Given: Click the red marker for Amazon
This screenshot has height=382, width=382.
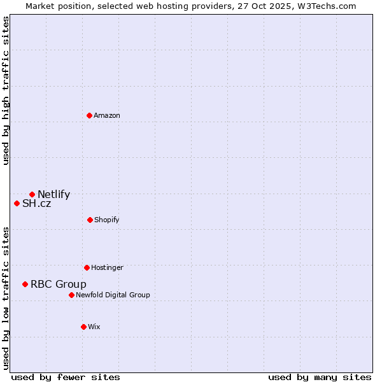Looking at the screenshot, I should [x=89, y=115].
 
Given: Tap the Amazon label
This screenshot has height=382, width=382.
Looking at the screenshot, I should [x=107, y=116].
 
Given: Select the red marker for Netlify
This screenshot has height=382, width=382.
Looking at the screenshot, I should [x=32, y=194].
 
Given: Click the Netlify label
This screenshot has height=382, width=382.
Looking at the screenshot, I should [x=53, y=195].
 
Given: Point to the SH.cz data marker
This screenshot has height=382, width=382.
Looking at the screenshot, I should [x=17, y=203].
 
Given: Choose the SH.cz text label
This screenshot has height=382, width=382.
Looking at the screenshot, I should [x=36, y=204].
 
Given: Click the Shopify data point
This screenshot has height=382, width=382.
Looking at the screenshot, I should [x=90, y=220].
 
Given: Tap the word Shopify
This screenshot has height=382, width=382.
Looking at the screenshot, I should [x=107, y=220].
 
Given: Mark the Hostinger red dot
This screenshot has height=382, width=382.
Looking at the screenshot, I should [x=87, y=267].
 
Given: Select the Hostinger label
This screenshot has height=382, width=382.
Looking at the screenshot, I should [x=107, y=268].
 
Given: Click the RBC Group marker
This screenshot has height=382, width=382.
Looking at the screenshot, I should [x=25, y=284].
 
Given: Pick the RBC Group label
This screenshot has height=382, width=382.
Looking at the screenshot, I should [x=59, y=285].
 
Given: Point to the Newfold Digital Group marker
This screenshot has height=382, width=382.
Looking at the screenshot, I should [x=71, y=295].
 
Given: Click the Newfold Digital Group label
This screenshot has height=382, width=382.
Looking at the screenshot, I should [x=113, y=295].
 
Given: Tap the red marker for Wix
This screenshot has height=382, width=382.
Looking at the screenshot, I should [x=83, y=327].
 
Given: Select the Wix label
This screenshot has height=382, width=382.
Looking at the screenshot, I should [x=94, y=327].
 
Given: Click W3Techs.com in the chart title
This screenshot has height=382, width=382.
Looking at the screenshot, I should [x=329, y=6].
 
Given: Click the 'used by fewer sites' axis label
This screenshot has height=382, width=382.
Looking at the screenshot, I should [x=66, y=377].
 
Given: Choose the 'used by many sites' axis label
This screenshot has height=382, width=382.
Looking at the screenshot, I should [x=320, y=377].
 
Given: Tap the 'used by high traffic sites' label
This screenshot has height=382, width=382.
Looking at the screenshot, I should [x=6, y=90].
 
